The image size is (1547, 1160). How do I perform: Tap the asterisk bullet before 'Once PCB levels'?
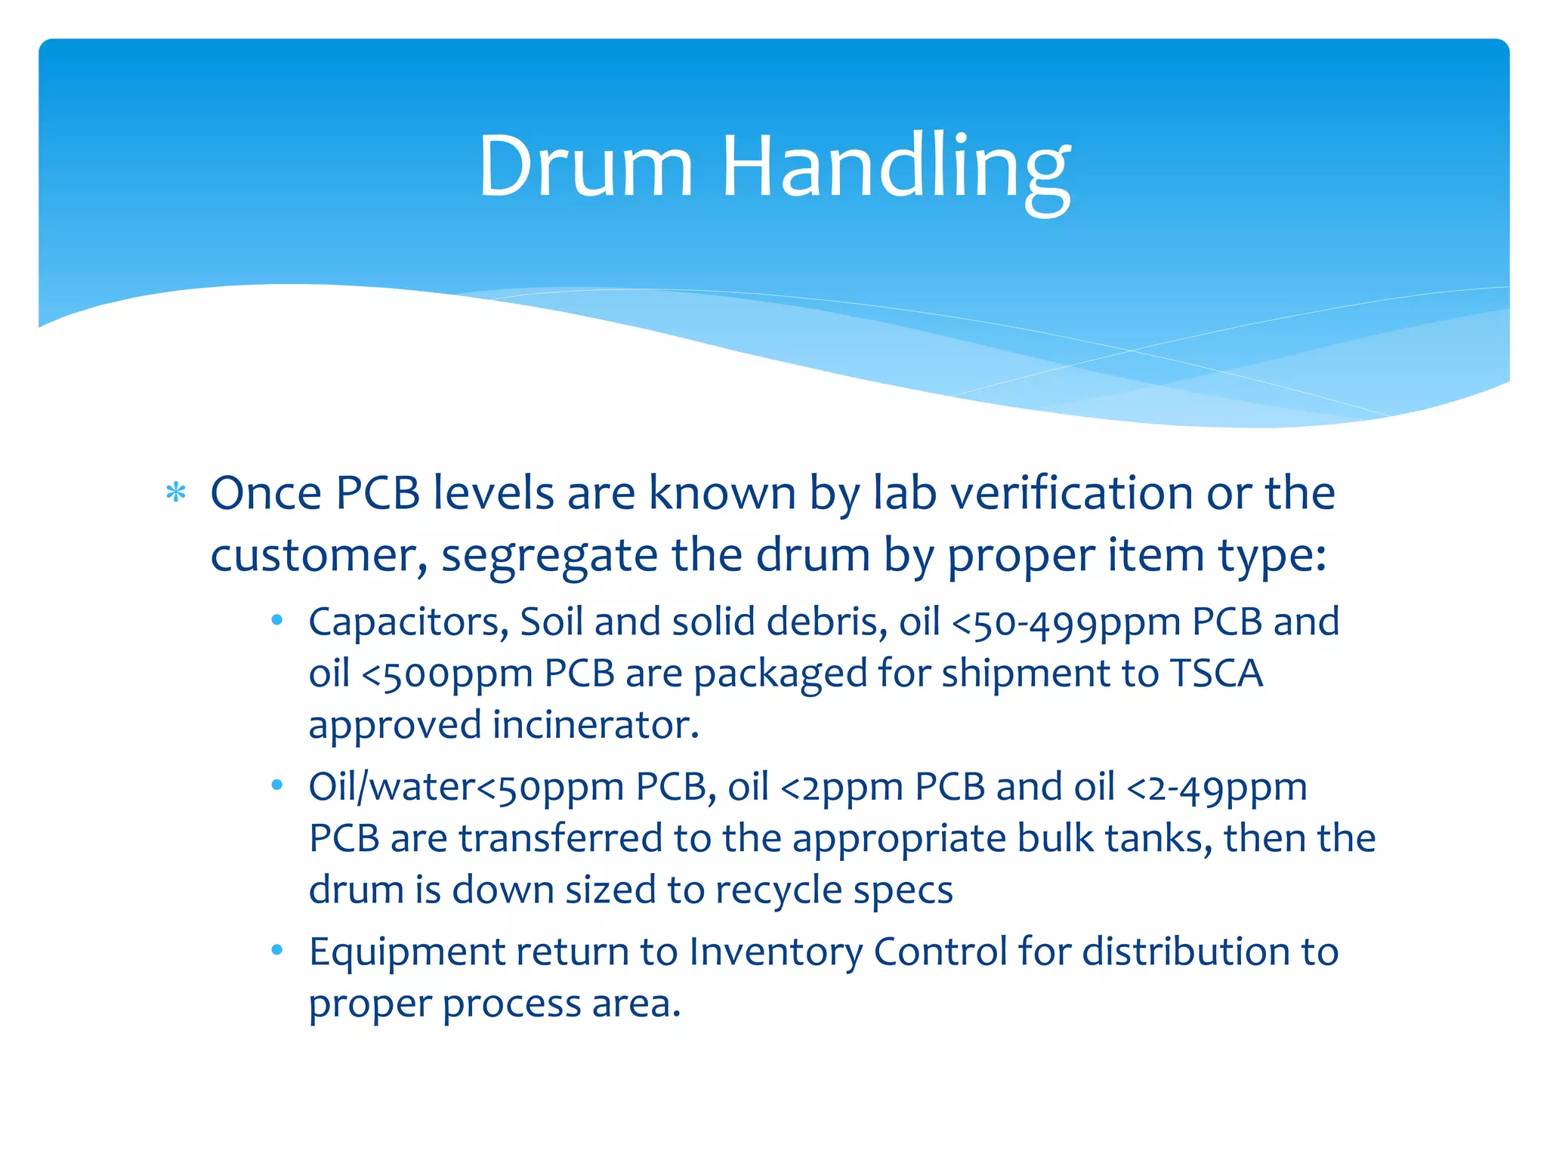point(176,493)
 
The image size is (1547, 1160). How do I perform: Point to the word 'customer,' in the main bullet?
point(318,556)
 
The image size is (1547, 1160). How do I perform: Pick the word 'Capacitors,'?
point(409,622)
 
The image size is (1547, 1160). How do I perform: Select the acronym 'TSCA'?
point(1216,673)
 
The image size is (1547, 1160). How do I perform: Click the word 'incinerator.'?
point(596,725)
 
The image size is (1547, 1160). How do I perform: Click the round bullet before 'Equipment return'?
point(277,950)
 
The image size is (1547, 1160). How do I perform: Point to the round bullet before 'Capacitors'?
point(277,621)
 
